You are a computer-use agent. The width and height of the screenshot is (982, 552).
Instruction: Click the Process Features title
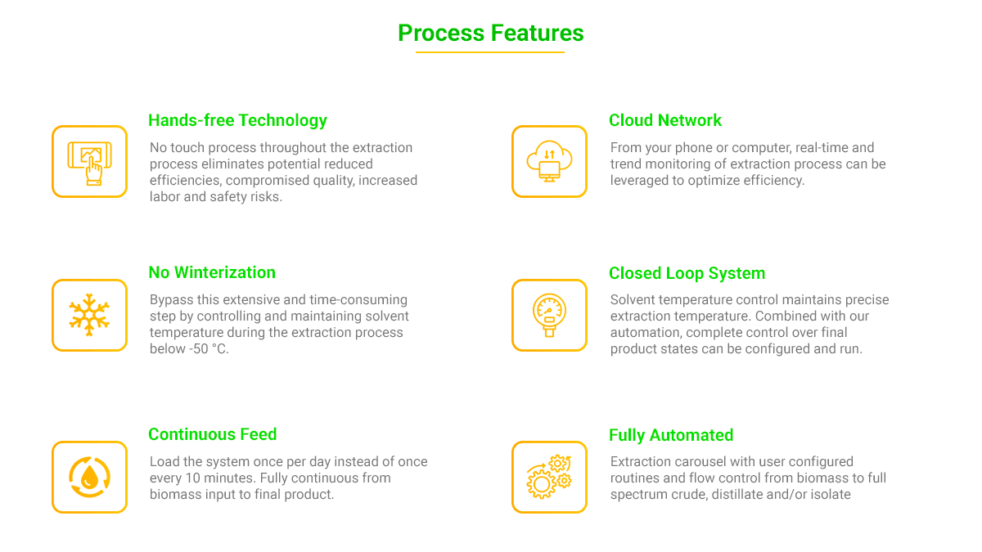tap(490, 34)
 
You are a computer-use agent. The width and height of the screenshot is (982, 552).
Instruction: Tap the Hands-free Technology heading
tap(237, 120)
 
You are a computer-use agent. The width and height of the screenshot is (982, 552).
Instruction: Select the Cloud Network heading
tap(665, 120)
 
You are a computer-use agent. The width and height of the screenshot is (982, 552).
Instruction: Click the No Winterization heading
tap(212, 272)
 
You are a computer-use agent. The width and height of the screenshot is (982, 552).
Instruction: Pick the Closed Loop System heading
tap(687, 273)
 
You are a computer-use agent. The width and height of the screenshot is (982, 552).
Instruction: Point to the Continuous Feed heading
tap(213, 434)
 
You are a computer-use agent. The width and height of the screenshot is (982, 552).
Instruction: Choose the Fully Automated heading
tap(671, 435)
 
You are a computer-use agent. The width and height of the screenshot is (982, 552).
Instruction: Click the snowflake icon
tap(89, 315)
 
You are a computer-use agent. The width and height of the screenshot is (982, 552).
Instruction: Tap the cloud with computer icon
tap(549, 161)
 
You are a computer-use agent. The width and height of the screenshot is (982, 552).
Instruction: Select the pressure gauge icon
tap(549, 315)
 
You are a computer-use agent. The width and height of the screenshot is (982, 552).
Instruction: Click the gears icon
tap(549, 477)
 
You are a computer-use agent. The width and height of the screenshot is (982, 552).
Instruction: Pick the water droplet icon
tap(89, 477)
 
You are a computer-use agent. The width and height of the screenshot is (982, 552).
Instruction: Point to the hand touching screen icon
tap(89, 163)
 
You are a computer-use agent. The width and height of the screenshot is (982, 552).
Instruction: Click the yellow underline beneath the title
tap(490, 52)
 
